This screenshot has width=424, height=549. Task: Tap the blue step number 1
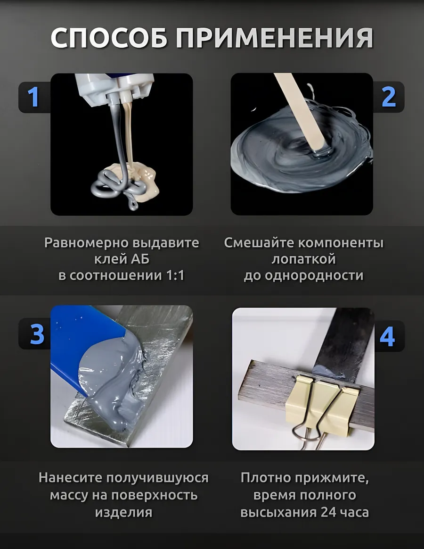click(x=33, y=97)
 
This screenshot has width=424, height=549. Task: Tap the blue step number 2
click(x=388, y=97)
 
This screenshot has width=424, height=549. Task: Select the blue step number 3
click(x=37, y=333)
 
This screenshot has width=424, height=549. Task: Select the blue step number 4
click(x=387, y=337)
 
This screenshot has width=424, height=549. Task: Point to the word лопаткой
click(x=304, y=259)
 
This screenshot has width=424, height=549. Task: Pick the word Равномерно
click(x=83, y=243)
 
